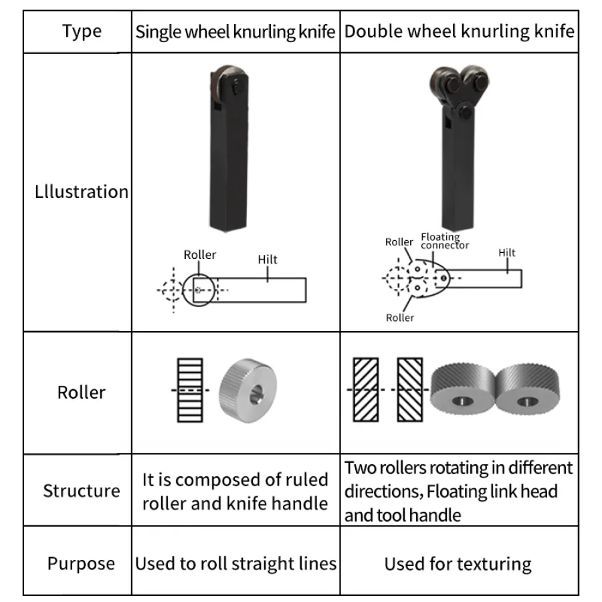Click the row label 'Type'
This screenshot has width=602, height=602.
point(82,31)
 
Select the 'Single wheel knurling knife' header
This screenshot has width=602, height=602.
point(235,32)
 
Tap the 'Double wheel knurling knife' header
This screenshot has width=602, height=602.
point(460,31)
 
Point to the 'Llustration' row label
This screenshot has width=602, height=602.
point(81,192)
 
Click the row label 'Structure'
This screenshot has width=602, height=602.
point(81,491)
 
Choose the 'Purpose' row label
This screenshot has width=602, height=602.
point(81,563)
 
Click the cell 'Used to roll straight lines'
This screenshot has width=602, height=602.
point(235,563)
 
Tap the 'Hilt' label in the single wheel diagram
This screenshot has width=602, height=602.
point(268,260)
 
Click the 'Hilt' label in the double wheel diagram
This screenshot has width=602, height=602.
point(507,253)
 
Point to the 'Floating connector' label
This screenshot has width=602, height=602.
point(444,241)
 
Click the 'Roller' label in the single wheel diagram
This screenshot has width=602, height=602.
point(200,255)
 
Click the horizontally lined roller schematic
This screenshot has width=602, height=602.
point(189,390)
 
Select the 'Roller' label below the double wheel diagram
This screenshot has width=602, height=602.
point(400,318)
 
